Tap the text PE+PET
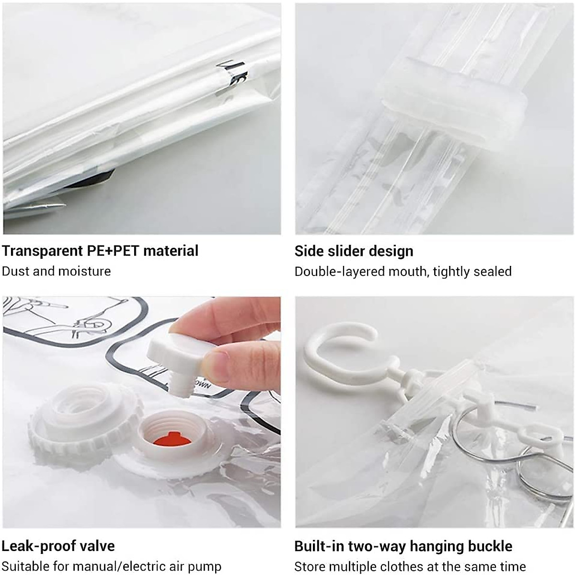[x=113, y=251]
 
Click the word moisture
[x=84, y=271]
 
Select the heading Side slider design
[x=354, y=251]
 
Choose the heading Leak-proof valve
[x=58, y=546]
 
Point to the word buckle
[x=489, y=546]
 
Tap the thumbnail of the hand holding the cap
[x=142, y=412]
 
